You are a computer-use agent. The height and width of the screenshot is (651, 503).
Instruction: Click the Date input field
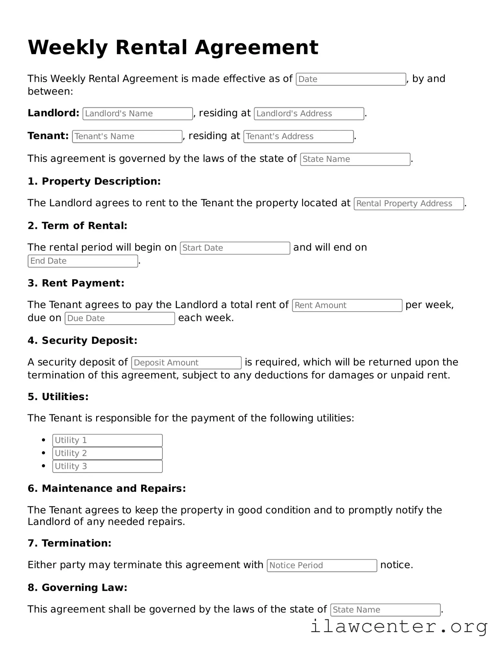[x=351, y=79]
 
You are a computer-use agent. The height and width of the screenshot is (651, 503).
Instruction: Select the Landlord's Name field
[x=138, y=114]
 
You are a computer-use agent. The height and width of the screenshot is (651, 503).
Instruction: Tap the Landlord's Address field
[x=309, y=114]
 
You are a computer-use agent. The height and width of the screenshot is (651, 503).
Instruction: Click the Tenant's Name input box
[x=127, y=136]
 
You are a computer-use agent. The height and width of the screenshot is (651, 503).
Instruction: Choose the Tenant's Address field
[x=298, y=136]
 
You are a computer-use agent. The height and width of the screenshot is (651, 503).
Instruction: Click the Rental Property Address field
[x=408, y=204]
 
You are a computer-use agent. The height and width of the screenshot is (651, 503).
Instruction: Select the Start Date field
[x=235, y=248]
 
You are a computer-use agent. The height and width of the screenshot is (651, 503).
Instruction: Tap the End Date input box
[x=83, y=261]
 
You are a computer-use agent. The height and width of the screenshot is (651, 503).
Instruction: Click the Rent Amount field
[x=347, y=305]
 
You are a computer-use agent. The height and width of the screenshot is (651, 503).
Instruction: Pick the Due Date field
[x=120, y=318]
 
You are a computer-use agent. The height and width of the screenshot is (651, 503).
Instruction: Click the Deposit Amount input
[x=186, y=363]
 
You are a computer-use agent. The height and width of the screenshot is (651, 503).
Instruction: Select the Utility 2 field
[x=107, y=453]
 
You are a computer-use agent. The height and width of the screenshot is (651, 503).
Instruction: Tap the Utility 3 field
[x=107, y=466]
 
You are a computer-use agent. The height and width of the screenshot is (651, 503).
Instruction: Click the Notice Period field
[x=322, y=565]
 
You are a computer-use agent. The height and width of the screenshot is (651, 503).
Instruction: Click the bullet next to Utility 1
[x=44, y=440]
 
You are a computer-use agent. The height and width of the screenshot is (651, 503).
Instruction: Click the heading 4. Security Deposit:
[x=83, y=340]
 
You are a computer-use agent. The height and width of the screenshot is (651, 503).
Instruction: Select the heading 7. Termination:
[x=69, y=543]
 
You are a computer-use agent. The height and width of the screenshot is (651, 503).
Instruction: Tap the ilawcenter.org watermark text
[x=399, y=626]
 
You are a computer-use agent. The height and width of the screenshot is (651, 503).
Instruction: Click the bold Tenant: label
[x=48, y=136]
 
